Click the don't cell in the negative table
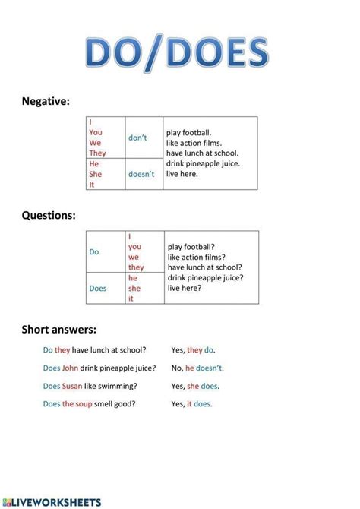137,138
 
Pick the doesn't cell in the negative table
141,174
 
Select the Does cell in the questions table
98,288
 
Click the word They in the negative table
97,153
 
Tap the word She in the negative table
96,174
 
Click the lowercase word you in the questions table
134,247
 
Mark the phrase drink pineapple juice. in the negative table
204,163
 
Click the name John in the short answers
72,368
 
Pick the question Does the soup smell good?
90,404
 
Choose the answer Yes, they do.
193,350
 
